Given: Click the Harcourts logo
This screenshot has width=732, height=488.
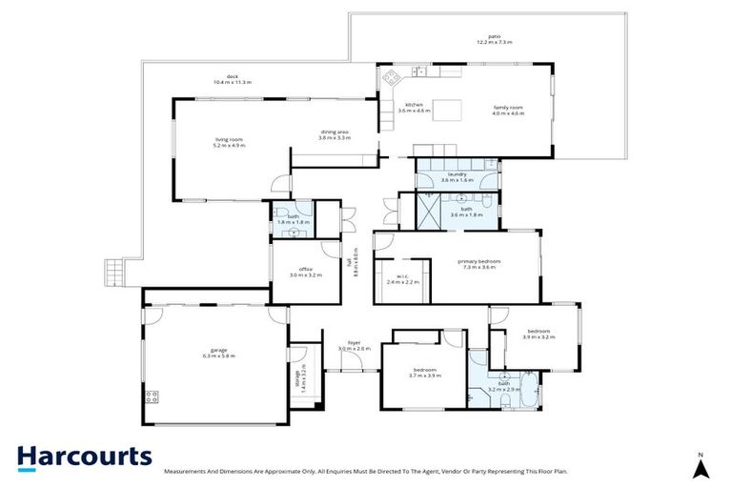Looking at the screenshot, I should click(x=84, y=457).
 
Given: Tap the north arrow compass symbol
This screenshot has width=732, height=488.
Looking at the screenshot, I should click(x=700, y=466).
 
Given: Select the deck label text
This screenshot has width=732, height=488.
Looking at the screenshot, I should click(x=231, y=79).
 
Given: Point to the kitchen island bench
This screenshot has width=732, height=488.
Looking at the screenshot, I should click(x=453, y=107).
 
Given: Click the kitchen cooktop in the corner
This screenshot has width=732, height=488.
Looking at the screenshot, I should click(x=390, y=74).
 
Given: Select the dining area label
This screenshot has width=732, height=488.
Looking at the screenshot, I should click(x=335, y=134).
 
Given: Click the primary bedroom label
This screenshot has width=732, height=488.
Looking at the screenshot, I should click(x=478, y=264).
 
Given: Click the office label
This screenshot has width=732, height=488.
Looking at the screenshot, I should click(x=306, y=272).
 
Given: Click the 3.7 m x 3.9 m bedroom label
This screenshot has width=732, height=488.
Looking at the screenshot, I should click(x=424, y=372).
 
